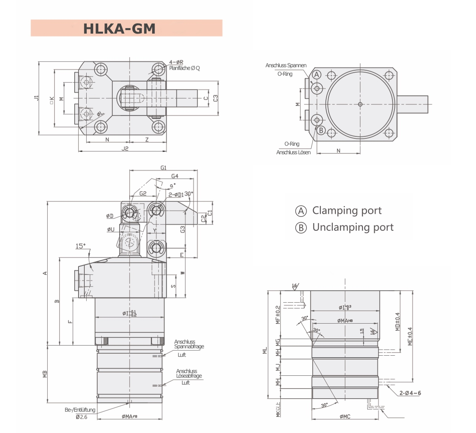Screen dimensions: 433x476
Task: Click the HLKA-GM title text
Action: pyautogui.click(x=119, y=29)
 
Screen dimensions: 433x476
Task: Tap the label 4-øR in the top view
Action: pyautogui.click(x=176, y=62)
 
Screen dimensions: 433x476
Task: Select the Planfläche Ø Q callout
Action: pyautogui.click(x=184, y=68)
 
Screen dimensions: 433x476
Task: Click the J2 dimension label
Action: pyautogui.click(x=125, y=148)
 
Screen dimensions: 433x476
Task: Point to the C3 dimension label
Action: pyautogui.click(x=216, y=98)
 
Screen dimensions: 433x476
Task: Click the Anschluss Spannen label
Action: pyautogui.click(x=286, y=65)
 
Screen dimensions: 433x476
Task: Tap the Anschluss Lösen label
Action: pyautogui.click(x=293, y=152)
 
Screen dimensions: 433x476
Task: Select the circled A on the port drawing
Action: pyautogui.click(x=317, y=75)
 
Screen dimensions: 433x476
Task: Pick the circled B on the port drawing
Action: pyautogui.click(x=321, y=131)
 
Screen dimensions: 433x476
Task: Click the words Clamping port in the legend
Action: pyautogui.click(x=347, y=211)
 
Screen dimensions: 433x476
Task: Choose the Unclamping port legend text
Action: pyautogui.click(x=353, y=227)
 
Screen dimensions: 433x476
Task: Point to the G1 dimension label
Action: pyautogui.click(x=163, y=168)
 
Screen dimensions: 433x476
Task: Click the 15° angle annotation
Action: pyautogui.click(x=80, y=246)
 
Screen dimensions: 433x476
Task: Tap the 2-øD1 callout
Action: pyautogui.click(x=176, y=195)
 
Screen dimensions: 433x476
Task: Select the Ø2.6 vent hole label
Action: pyautogui.click(x=81, y=417)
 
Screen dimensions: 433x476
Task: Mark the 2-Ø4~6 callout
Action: pyautogui.click(x=410, y=393)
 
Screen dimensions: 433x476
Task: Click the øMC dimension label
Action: pyautogui.click(x=345, y=416)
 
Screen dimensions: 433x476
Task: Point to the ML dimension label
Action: pyautogui.click(x=265, y=350)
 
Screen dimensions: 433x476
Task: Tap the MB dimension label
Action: pyautogui.click(x=45, y=374)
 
